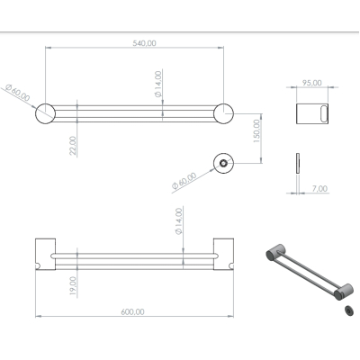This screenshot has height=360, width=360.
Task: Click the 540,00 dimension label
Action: [x=144, y=43]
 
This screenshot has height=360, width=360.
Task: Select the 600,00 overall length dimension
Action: [x=132, y=312]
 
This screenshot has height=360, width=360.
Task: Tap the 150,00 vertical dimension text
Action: [x=257, y=131]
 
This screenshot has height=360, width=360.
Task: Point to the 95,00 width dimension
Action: [x=312, y=83]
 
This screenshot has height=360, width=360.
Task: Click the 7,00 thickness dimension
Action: [x=319, y=189]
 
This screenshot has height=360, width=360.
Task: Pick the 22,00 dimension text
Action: [x=73, y=146]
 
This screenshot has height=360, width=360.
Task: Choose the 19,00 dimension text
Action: [x=73, y=285]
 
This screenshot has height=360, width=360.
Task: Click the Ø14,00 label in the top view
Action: [x=158, y=84]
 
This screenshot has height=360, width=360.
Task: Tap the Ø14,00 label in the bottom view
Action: [x=178, y=221]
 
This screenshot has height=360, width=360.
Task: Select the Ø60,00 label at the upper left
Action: [x=17, y=93]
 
